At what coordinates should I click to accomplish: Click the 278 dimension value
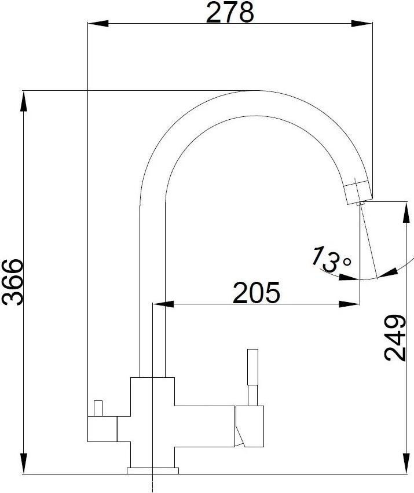point(230,13)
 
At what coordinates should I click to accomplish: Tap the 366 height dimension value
point(13,282)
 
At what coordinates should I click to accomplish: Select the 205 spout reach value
point(256,292)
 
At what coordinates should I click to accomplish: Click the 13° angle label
point(331,259)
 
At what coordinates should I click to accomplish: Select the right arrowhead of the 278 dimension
point(362,23)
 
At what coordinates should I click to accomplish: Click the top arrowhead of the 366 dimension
point(24,101)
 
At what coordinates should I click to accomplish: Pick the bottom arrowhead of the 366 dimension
point(24,463)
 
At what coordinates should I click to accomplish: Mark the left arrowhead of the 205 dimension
point(163,304)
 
